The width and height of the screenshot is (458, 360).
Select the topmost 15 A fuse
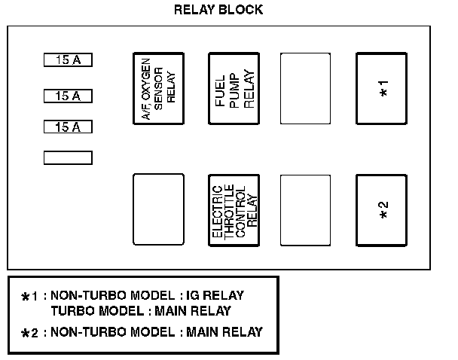tap(68, 59)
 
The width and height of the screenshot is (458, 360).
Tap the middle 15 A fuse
tap(68, 96)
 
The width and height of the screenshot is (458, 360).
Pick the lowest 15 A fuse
tap(68, 127)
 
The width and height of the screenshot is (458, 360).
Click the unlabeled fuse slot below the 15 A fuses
tap(68, 157)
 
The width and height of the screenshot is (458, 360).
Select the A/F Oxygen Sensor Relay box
tap(157, 88)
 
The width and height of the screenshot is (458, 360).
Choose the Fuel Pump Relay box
tap(233, 88)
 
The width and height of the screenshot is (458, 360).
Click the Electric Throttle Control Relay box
tap(233, 210)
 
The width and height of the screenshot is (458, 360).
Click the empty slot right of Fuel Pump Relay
tap(305, 88)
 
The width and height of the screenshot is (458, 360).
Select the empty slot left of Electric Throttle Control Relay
tap(157, 210)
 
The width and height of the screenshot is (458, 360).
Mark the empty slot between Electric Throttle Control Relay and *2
tap(305, 210)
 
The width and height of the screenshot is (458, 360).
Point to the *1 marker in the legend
tap(29, 297)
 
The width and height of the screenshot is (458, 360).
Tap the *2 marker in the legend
tap(29, 333)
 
